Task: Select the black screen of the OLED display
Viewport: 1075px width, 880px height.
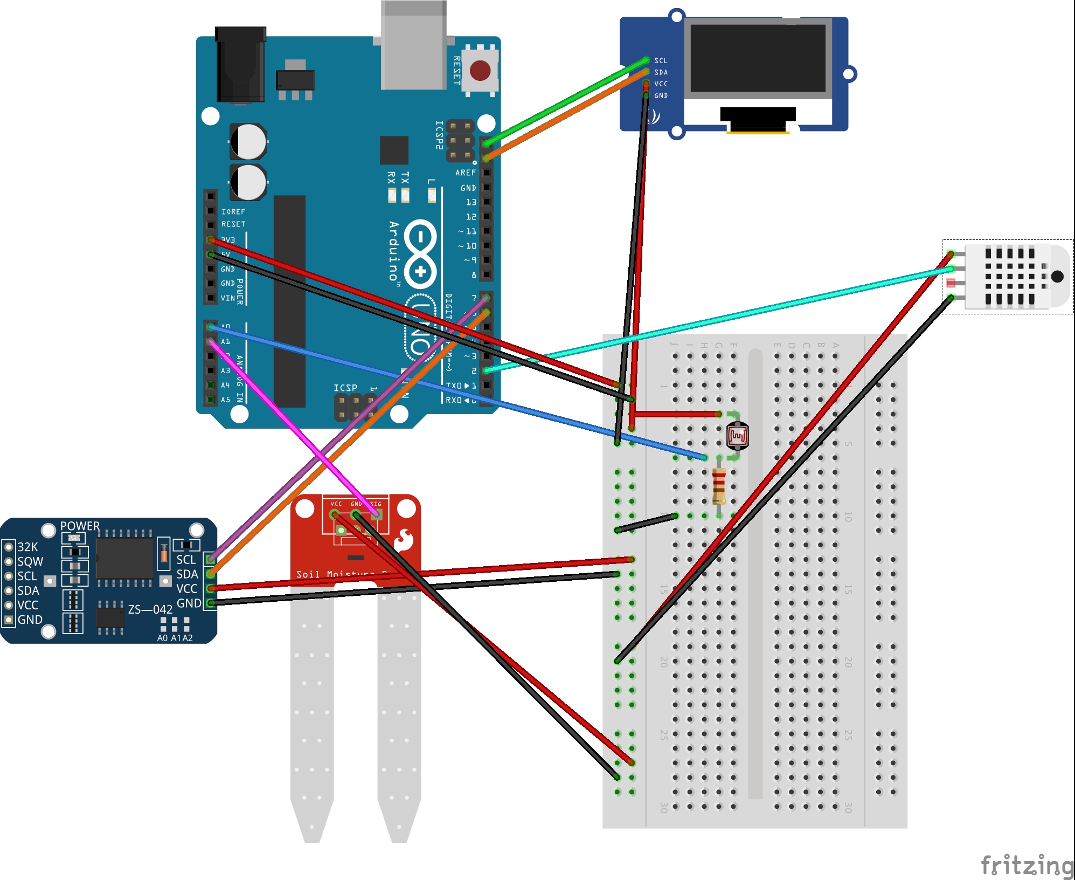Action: click(758, 58)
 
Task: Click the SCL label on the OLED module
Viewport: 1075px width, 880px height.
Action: click(661, 61)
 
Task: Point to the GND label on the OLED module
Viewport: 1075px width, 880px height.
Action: click(661, 95)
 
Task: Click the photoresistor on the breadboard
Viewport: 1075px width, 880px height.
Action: click(737, 436)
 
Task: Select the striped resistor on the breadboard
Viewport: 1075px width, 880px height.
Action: click(719, 486)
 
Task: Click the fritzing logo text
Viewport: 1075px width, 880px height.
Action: click(1027, 865)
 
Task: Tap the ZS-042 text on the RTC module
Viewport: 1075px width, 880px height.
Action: click(150, 609)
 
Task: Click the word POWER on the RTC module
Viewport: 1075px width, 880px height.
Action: click(80, 526)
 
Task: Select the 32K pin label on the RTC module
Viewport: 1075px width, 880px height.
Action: click(27, 547)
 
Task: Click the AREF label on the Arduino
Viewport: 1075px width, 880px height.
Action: click(465, 173)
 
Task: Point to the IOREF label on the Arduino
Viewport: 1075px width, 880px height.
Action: click(233, 212)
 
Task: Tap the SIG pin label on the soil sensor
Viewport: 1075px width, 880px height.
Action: click(376, 504)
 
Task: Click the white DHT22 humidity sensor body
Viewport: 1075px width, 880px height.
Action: click(1013, 277)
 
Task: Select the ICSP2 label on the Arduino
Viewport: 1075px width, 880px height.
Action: click(439, 135)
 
